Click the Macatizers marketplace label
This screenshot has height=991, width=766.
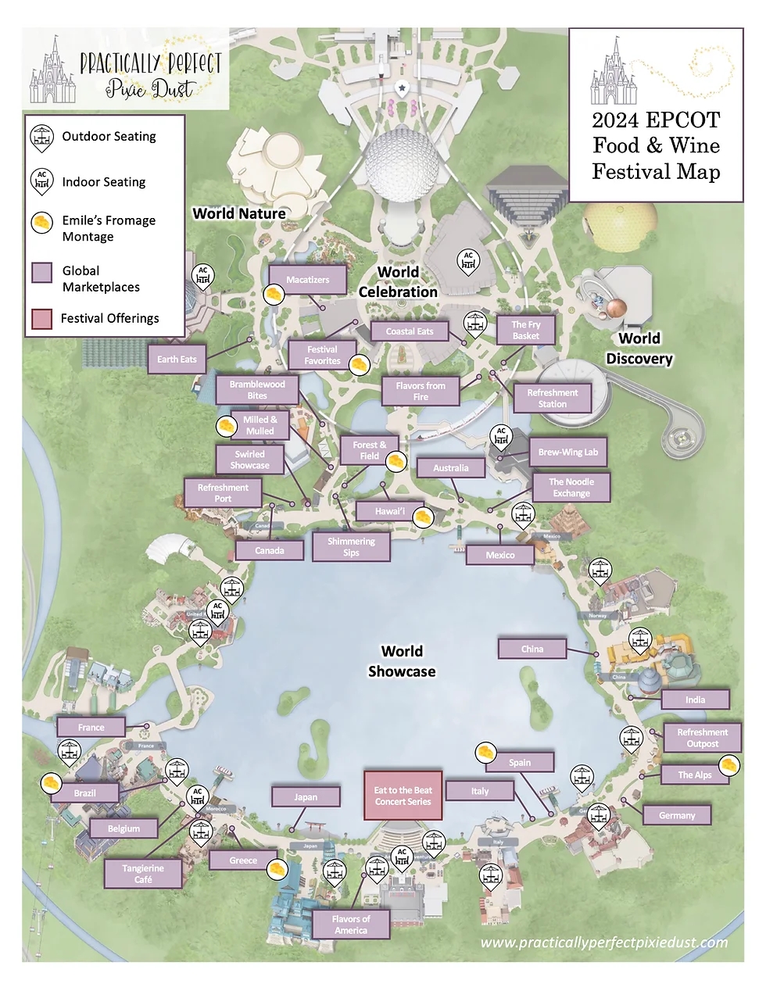point(307,280)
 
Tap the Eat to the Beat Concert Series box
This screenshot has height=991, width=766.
point(403,796)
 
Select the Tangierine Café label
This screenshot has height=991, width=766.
point(143,874)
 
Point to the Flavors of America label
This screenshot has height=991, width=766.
point(351,925)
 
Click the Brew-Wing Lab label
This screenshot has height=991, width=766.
point(568,453)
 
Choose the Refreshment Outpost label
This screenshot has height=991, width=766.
point(702,738)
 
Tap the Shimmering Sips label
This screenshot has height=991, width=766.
point(351,547)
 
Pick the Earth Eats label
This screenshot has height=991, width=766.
point(177,360)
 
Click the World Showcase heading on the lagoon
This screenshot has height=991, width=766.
point(402,661)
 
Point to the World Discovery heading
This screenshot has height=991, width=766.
point(639,349)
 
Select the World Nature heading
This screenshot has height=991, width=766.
point(239,213)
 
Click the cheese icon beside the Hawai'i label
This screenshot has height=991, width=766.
point(423,517)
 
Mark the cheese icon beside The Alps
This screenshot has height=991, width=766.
point(728,765)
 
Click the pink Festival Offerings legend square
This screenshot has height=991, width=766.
point(41,319)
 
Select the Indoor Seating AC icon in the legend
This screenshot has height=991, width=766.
point(41,181)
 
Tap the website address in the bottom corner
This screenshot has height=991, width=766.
point(603,943)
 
